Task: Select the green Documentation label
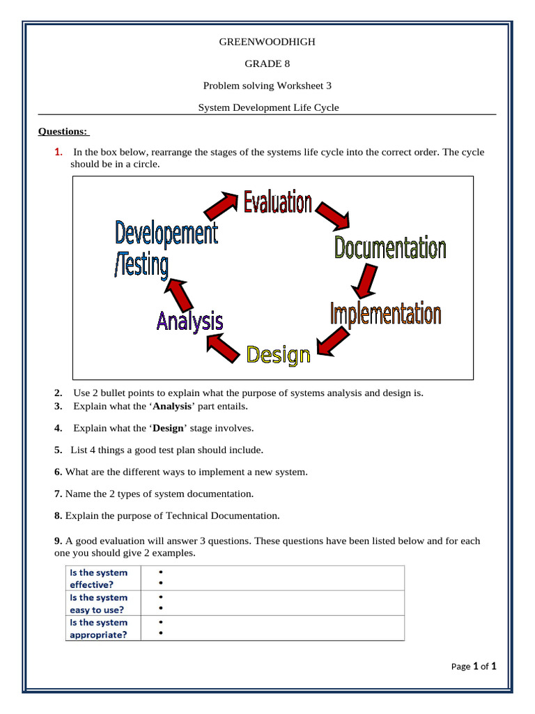pyautogui.click(x=389, y=248)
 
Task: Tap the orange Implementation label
pyautogui.click(x=385, y=314)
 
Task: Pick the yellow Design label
pyautogui.click(x=279, y=355)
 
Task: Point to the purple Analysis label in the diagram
pyautogui.click(x=189, y=321)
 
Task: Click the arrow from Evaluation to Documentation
pyautogui.click(x=333, y=215)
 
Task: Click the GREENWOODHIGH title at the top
pyautogui.click(x=267, y=42)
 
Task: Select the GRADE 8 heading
pyautogui.click(x=267, y=63)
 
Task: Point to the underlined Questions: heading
pyautogui.click(x=63, y=131)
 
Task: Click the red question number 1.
pyautogui.click(x=58, y=152)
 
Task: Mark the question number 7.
pyautogui.click(x=58, y=494)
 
